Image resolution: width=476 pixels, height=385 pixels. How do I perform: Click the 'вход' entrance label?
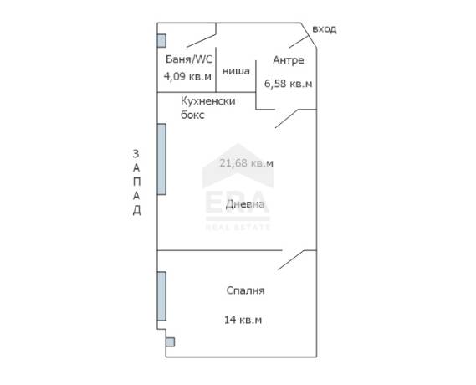(x=325, y=29)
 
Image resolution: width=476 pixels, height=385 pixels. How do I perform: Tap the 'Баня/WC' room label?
(x=189, y=59)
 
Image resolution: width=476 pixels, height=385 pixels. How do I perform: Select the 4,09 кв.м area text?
(x=187, y=76)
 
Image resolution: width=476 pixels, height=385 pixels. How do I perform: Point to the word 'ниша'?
(x=236, y=71)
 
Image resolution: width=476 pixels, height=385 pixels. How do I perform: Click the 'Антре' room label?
(x=289, y=60)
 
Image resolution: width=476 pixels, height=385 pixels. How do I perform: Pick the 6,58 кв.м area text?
(x=288, y=83)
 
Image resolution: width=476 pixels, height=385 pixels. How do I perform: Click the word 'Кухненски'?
(x=208, y=100)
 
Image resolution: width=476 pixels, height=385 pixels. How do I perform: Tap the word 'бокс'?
(x=192, y=115)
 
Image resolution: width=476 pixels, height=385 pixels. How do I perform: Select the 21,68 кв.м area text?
(x=247, y=163)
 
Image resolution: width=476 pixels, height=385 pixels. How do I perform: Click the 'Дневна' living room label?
(x=245, y=204)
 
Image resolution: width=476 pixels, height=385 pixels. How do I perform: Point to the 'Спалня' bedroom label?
(x=245, y=290)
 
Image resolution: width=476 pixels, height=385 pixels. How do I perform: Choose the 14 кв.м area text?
(x=243, y=320)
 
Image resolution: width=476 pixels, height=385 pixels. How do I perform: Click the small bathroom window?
(x=161, y=41)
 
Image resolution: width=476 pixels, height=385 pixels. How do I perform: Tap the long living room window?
(x=161, y=159)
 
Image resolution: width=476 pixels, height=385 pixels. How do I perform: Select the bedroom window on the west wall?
(x=161, y=296)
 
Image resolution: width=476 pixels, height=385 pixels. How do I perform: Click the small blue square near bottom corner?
(x=171, y=342)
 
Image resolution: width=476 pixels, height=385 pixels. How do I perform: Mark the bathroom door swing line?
(x=202, y=41)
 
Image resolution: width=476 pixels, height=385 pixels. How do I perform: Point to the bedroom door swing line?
(x=291, y=260)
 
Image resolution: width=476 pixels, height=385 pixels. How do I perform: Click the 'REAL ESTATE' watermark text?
(x=238, y=227)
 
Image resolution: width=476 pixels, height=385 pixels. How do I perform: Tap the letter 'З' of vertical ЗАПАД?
(x=136, y=154)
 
